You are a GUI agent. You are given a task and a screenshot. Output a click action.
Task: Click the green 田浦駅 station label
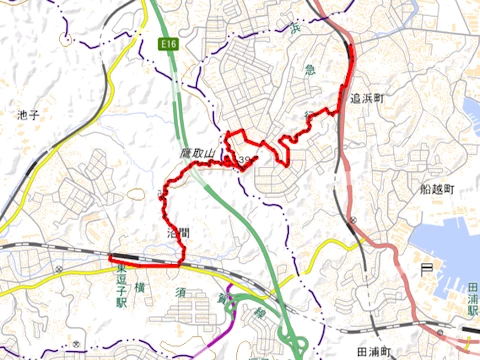(472, 300)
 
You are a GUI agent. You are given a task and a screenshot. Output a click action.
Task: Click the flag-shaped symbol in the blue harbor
(426, 267)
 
